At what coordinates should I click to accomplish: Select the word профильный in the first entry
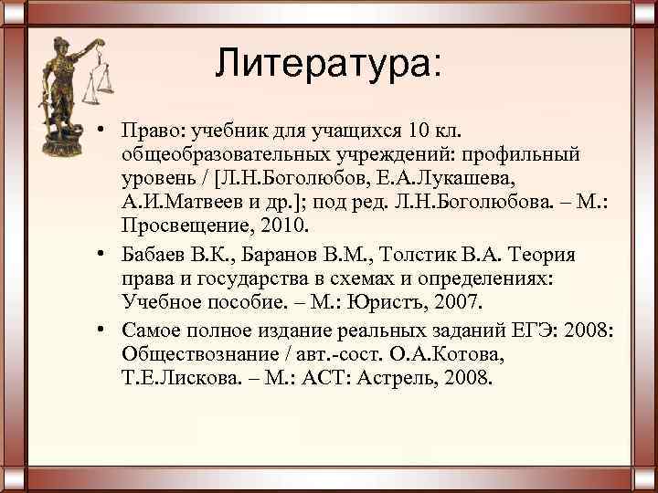click(518, 149)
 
